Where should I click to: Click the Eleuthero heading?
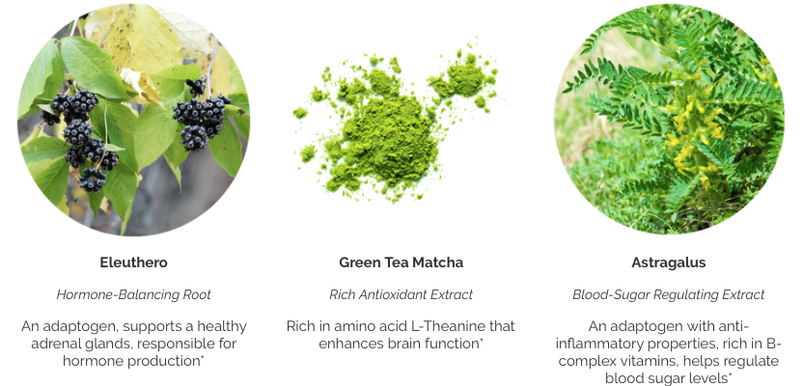coord(133,262)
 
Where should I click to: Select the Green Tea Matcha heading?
coord(401,262)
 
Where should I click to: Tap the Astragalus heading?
coord(668,262)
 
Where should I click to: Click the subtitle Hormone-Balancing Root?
coord(133,295)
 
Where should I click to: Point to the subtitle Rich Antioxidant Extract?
coord(401,295)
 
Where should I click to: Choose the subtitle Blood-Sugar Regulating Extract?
coord(668,295)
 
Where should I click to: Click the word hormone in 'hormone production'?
coord(94,361)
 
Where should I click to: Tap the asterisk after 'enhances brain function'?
coord(482,340)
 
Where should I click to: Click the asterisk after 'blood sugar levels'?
coord(730,374)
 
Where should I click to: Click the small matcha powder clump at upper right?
coord(462,77)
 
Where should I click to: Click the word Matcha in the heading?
coord(438,262)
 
